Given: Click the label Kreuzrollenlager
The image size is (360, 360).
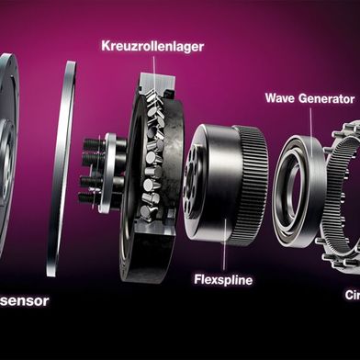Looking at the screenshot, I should [x=152, y=44].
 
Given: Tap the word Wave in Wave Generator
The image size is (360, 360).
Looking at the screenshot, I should [x=280, y=97].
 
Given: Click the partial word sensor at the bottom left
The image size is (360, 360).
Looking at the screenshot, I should [x=24, y=299].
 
